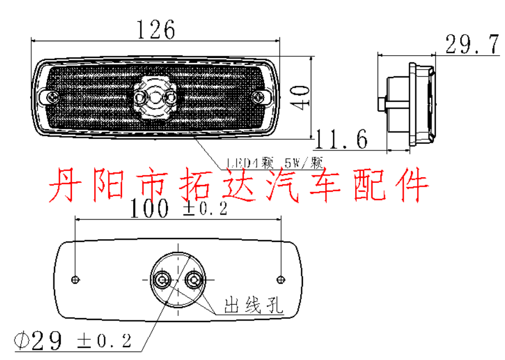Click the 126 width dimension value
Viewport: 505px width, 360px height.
pos(155,29)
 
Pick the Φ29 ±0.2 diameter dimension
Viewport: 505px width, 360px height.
pos(73,339)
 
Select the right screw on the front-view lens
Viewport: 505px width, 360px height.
pos(258,98)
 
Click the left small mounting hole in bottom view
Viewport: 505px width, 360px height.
pos(76,279)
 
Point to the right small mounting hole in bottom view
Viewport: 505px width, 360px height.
pos(281,279)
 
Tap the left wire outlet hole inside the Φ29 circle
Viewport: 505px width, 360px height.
pos(163,279)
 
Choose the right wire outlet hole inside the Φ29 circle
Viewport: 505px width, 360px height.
pos(194,279)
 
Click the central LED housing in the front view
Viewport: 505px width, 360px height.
pos(155,98)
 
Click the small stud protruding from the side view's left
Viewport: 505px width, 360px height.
pos(382,104)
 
